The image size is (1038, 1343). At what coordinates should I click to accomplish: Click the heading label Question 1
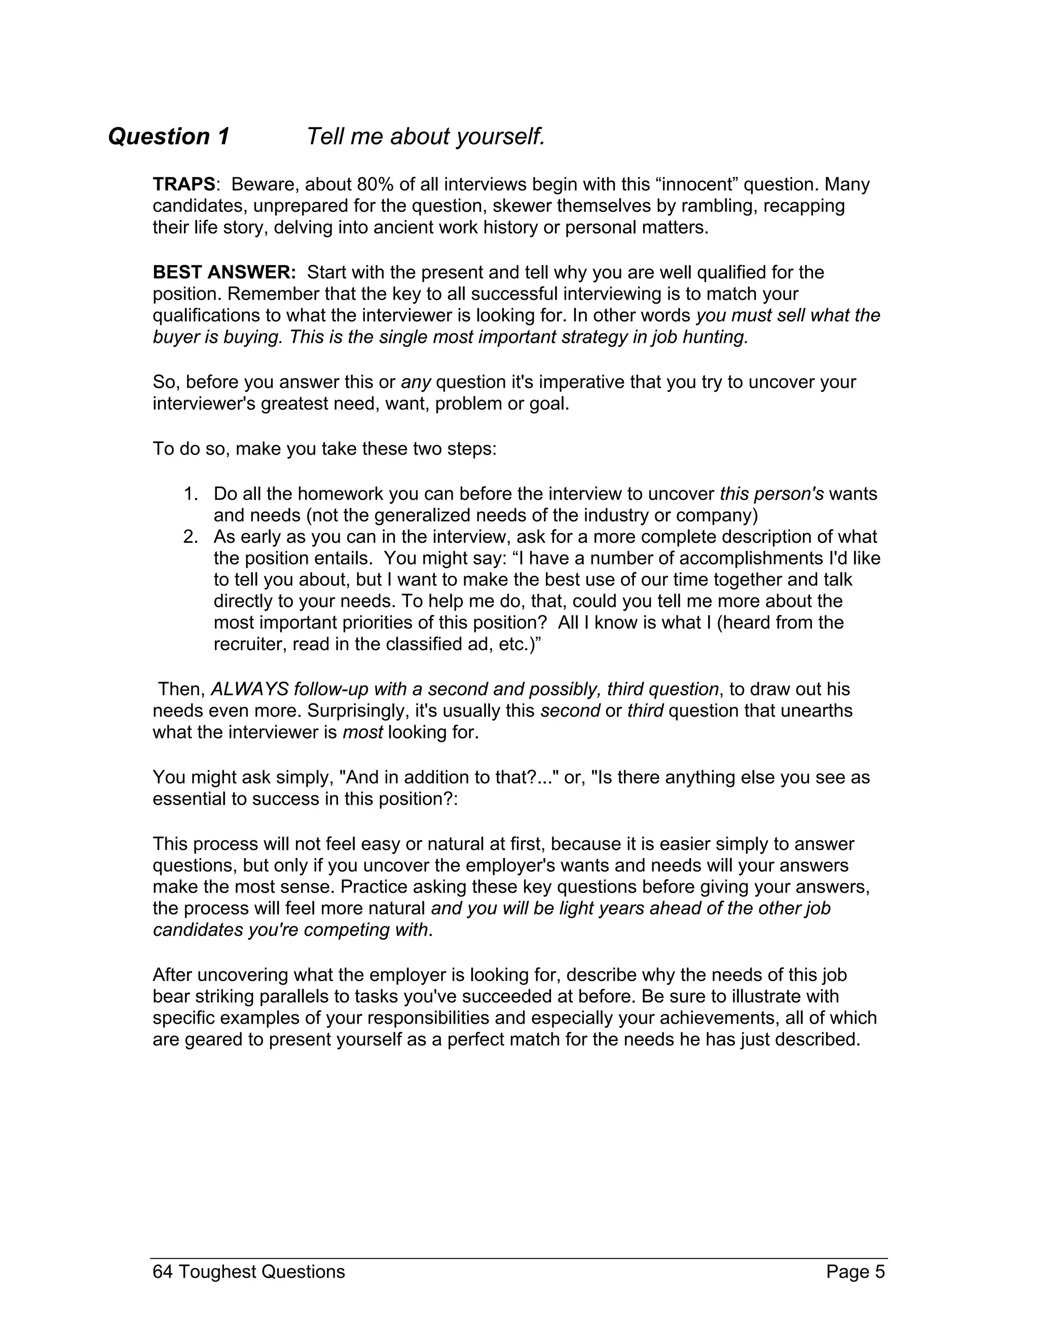[x=168, y=136]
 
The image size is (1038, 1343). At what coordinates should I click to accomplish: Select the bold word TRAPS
[x=184, y=184]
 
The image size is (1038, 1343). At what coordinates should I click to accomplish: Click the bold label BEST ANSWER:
[x=225, y=273]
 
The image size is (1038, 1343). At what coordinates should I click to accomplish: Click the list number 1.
[x=191, y=494]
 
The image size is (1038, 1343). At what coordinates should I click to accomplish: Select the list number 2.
[x=191, y=537]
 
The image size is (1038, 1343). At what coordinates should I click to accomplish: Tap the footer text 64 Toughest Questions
[x=248, y=1272]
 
